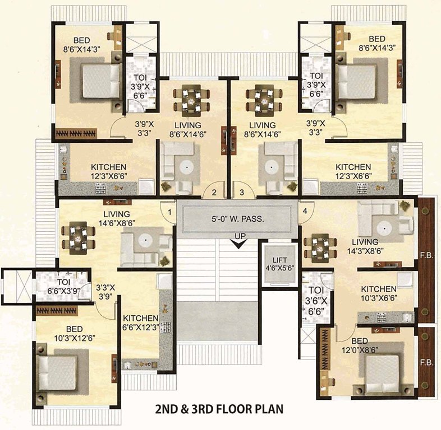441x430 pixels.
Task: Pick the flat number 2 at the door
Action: click(214, 193)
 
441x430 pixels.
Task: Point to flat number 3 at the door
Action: click(242, 193)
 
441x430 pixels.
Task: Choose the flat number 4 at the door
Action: click(305, 211)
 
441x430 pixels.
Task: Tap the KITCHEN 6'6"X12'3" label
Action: click(141, 322)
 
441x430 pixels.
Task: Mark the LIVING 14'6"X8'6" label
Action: click(116, 218)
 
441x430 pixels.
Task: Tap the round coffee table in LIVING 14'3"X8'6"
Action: click(384, 228)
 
